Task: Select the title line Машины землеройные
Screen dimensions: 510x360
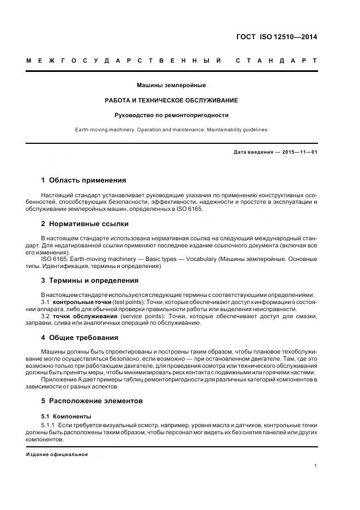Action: pos(171,86)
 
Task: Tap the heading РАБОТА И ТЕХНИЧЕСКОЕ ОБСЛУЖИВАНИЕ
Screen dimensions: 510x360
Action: pos(171,100)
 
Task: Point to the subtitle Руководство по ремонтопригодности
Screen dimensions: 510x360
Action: pos(171,115)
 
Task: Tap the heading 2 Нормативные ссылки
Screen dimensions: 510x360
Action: pos(85,223)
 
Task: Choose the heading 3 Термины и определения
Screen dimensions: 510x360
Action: pos(90,280)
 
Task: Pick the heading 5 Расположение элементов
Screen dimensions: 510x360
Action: pos(92,400)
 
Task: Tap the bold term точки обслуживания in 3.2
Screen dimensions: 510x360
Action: pos(85,316)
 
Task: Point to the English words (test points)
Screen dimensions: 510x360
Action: pos(130,302)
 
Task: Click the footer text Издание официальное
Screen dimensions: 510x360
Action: pos(57,454)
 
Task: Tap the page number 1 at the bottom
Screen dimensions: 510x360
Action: pos(315,466)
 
